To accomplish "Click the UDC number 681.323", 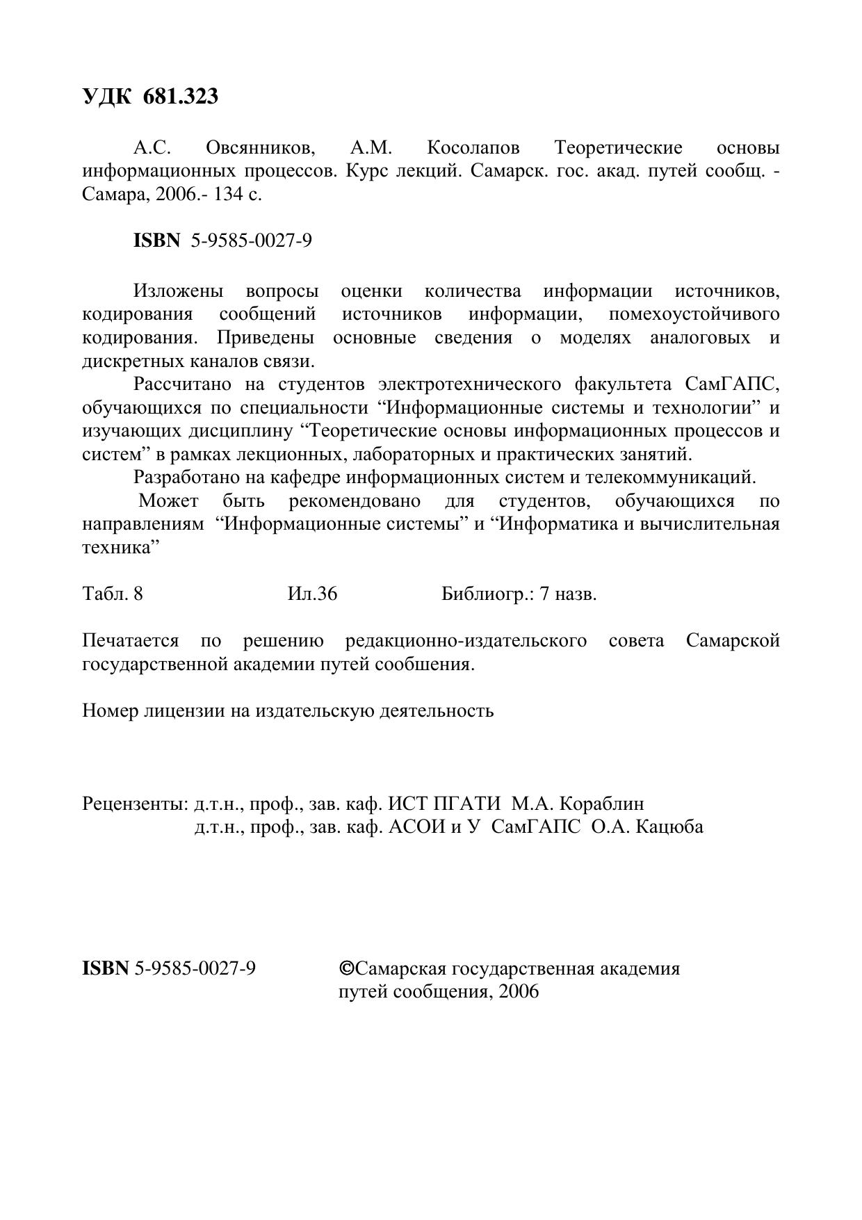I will (181, 97).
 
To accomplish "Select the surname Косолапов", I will (473, 148).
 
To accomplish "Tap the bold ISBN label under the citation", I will (156, 241).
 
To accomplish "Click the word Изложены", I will (179, 291).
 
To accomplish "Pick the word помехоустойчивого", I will (694, 314).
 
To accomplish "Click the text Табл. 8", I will (113, 594).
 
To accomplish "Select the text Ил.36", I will (312, 594).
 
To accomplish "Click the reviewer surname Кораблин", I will (601, 804).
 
